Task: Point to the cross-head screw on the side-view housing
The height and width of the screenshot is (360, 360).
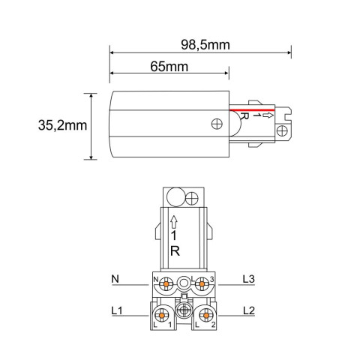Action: tap(217, 124)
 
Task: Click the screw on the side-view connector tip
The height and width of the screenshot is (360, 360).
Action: tap(282, 131)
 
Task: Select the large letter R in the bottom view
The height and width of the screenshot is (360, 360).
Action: tap(174, 250)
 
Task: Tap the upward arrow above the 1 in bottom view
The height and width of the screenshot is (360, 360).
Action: tap(174, 220)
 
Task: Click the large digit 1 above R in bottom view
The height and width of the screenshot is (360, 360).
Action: tap(174, 235)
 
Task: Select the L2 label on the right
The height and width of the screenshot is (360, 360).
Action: tap(250, 309)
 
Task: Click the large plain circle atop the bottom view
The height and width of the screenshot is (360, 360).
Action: tap(175, 197)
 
